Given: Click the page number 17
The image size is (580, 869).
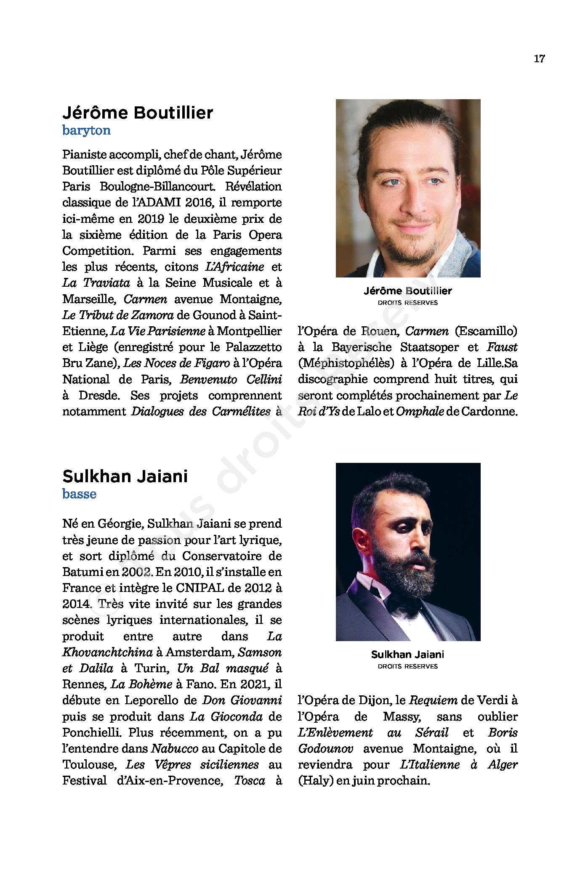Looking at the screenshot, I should pos(539,59).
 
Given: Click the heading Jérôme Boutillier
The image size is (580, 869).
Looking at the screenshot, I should pos(138,113).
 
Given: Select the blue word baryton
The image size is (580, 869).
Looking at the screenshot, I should pos(86,130).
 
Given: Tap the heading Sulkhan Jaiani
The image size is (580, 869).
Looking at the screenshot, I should pos(125,476).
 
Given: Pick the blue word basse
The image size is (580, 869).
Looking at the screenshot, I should pos(79,494).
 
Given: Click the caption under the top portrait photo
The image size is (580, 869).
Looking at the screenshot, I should pos(407,291).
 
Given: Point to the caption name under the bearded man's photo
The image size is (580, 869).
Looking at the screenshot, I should pos(407,654).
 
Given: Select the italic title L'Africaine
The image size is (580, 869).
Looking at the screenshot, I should pos(234,267).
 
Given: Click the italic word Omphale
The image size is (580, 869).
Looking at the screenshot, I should pos(420,412).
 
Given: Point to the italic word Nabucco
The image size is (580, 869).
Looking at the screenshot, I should pos(175,749).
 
